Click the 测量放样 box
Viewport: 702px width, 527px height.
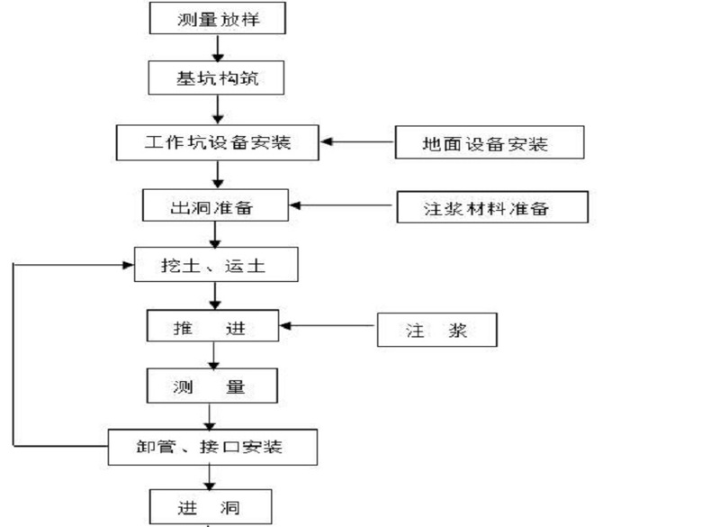pos(216,18)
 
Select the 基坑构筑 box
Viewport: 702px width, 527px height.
pos(216,78)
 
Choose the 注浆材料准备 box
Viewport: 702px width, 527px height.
pos(491,207)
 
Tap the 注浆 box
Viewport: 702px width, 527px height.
pos(436,330)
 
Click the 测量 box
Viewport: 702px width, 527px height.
pos(211,387)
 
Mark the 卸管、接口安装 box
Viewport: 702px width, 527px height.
pos(213,445)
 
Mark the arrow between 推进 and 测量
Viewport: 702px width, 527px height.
pos(212,358)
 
